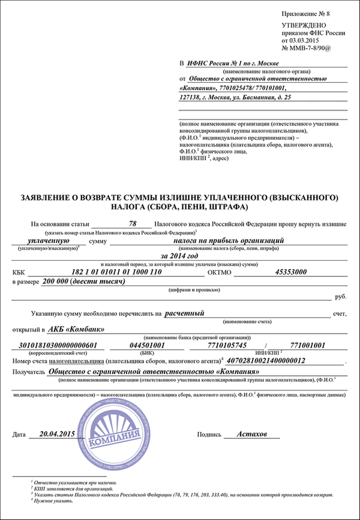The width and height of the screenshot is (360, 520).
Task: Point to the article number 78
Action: (x=133, y=223)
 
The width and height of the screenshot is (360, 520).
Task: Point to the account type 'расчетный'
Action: (x=185, y=313)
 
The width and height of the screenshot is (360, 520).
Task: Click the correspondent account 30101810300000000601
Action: (x=59, y=346)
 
